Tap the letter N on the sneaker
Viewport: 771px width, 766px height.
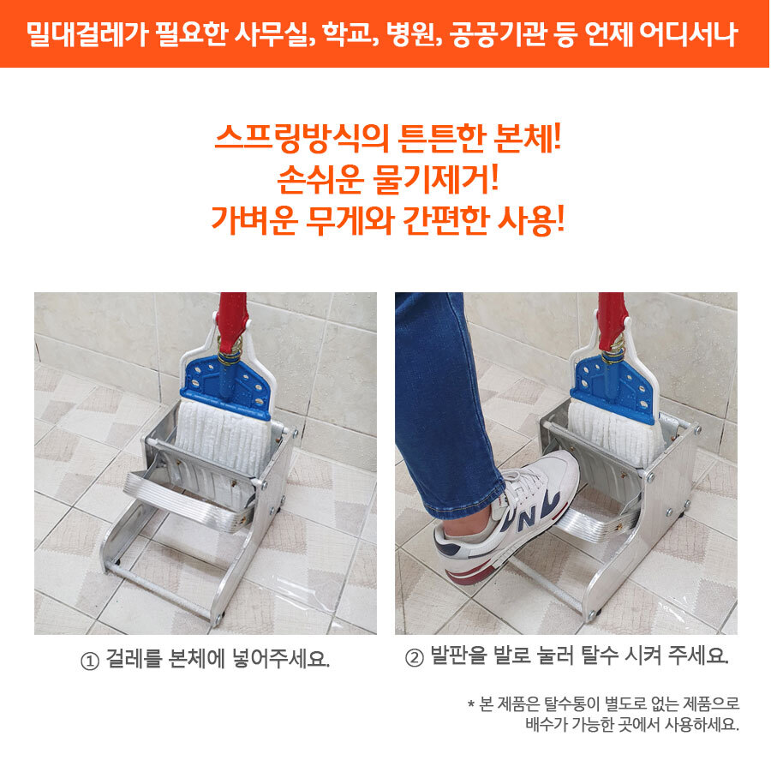[x=529, y=516]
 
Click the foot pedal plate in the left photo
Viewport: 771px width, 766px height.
[x=189, y=501]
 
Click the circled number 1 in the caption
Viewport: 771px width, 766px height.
[x=90, y=661]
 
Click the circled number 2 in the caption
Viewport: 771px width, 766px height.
[x=414, y=657]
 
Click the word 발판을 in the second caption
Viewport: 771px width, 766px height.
[x=458, y=655]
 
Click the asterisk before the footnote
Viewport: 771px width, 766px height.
[x=471, y=704]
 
